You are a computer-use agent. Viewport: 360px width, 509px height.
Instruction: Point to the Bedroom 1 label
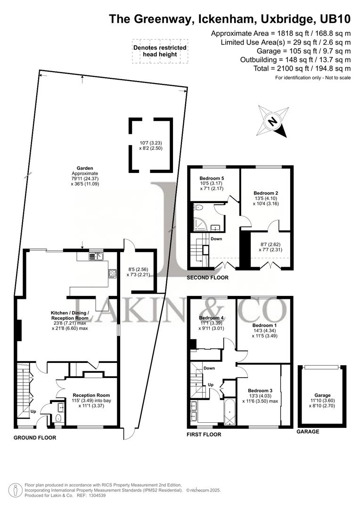click(x=264, y=325)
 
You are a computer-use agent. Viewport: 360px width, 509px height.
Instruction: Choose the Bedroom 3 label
click(x=260, y=390)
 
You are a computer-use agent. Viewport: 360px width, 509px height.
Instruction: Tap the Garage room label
click(x=322, y=395)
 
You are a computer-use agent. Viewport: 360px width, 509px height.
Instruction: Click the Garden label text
click(x=85, y=168)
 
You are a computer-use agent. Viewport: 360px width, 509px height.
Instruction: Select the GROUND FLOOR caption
click(x=35, y=438)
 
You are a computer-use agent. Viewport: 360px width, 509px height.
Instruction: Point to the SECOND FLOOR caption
click(x=208, y=278)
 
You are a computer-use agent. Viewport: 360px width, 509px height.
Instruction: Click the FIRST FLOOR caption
click(x=204, y=435)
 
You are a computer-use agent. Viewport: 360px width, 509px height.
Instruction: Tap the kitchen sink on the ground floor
click(x=98, y=256)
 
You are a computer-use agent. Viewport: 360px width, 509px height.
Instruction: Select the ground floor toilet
click(x=58, y=419)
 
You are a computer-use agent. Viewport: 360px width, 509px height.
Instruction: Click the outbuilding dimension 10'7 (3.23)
click(x=151, y=142)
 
